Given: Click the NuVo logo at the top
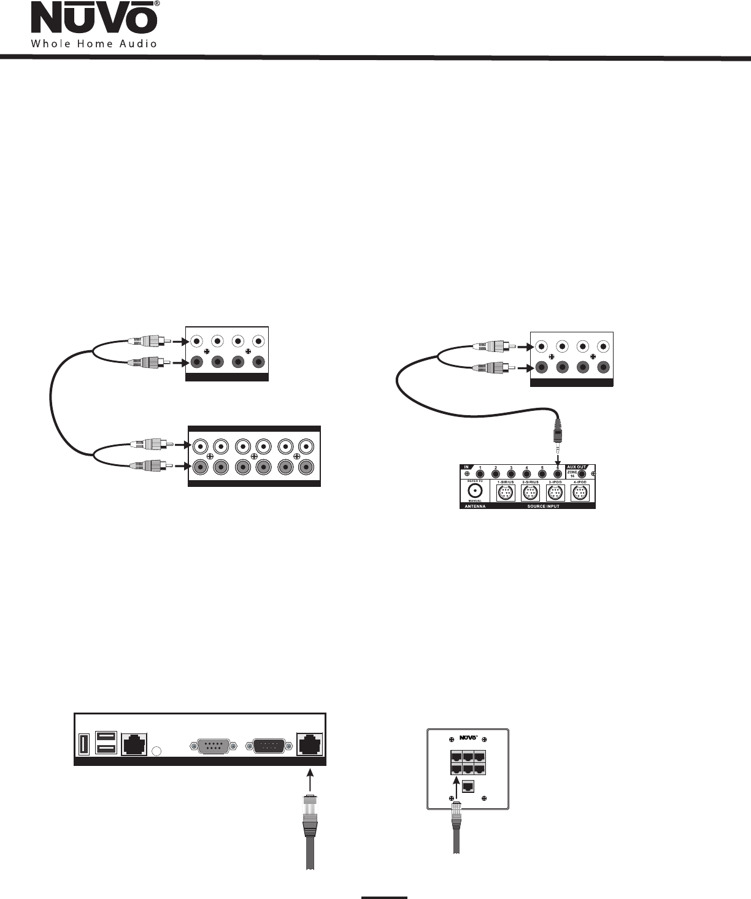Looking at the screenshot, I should click(x=94, y=19).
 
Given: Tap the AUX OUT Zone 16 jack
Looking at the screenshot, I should click(x=581, y=474).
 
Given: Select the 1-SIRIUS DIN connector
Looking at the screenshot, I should click(x=505, y=493).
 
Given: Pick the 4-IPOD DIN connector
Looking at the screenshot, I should click(x=580, y=493).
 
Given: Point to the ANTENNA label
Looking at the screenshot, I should click(x=474, y=506).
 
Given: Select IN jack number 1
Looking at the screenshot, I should click(x=480, y=474).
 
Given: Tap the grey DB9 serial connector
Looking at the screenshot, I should click(x=210, y=746).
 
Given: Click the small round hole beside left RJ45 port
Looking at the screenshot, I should click(x=157, y=751).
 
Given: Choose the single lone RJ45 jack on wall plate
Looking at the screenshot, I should click(x=468, y=786).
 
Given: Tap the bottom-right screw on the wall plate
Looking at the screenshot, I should click(x=484, y=798).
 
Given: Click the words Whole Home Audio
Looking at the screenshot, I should click(x=94, y=44).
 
